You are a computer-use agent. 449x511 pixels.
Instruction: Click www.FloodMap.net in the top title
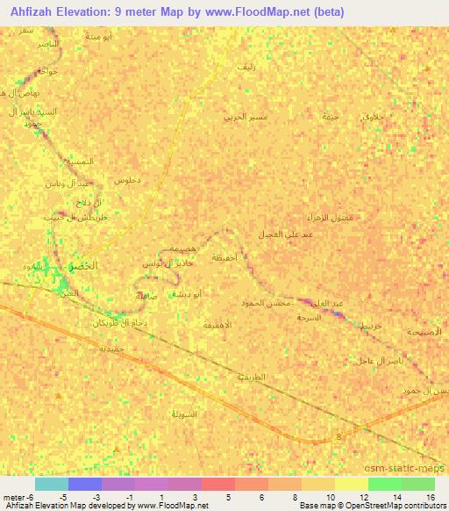[x=250, y=12]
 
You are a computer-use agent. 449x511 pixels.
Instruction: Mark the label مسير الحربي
[x=245, y=117]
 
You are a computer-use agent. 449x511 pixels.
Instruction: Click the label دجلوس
[x=127, y=179]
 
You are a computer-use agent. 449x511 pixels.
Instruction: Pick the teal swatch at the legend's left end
[x=51, y=484]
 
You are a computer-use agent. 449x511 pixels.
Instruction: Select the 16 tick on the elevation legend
[x=431, y=497]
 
